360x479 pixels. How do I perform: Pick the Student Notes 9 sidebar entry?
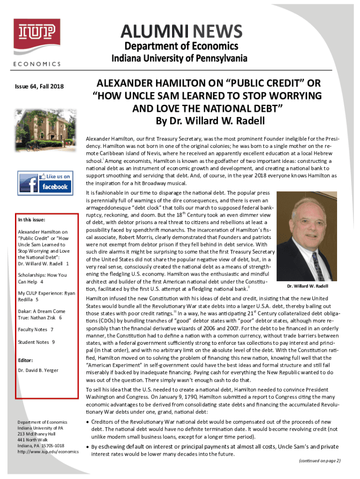tap(36, 342)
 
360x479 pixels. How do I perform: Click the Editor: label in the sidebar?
tap(26, 360)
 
